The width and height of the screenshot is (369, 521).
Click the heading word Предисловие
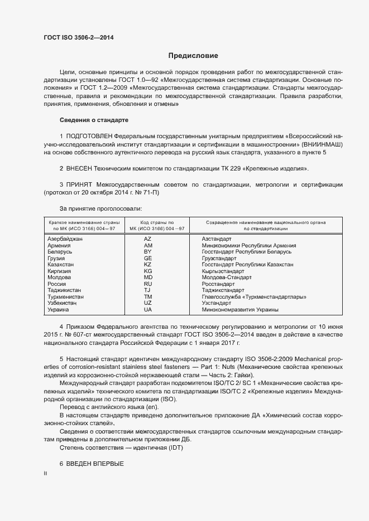click(x=193, y=56)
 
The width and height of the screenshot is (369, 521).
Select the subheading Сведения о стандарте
click(x=94, y=120)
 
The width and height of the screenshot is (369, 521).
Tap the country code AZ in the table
click(x=148, y=238)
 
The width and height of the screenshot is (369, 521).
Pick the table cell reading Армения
click(x=59, y=245)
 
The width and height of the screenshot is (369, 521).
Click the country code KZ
click(x=148, y=264)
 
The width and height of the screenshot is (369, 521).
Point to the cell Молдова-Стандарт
click(x=227, y=277)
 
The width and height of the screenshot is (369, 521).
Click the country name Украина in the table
click(x=59, y=309)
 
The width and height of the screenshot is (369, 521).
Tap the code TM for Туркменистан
click(x=148, y=296)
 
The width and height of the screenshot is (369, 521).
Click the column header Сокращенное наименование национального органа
click(x=266, y=222)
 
